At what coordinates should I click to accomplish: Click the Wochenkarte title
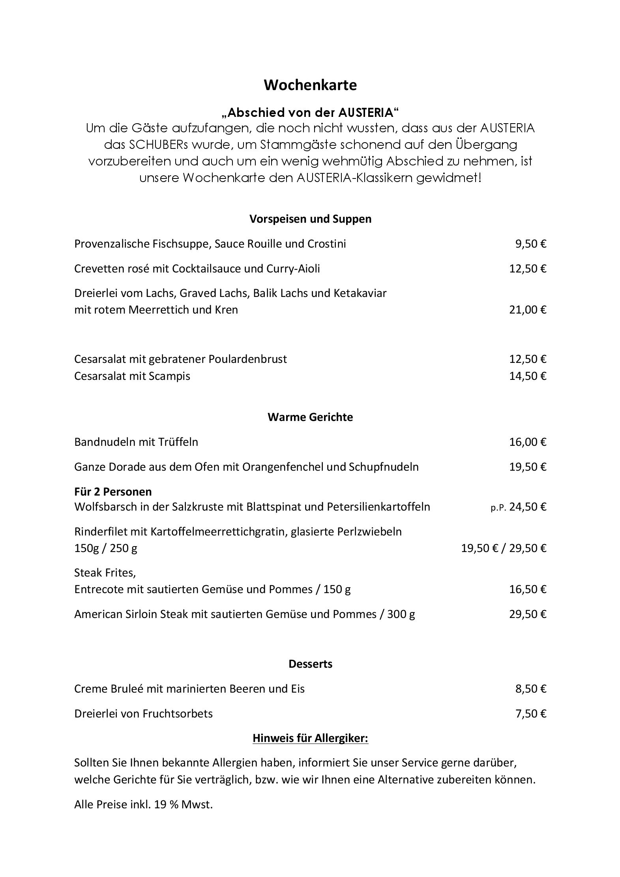(310, 85)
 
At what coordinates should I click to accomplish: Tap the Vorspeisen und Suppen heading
(310, 219)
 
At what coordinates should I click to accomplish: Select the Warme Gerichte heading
(310, 417)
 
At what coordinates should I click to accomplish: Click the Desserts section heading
(310, 664)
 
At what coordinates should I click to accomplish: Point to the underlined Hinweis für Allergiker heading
(310, 738)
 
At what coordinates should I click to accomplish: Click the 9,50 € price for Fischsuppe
(531, 244)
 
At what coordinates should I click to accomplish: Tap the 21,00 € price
(528, 310)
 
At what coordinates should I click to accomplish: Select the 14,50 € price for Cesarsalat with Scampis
(528, 376)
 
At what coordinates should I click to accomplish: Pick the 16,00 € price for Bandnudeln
(528, 442)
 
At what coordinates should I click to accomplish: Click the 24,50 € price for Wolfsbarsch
(528, 507)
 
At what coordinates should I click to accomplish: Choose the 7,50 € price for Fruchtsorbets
(531, 714)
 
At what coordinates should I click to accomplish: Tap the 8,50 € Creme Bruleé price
(531, 689)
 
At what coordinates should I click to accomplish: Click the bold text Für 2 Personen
(113, 492)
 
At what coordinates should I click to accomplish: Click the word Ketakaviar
(360, 293)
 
